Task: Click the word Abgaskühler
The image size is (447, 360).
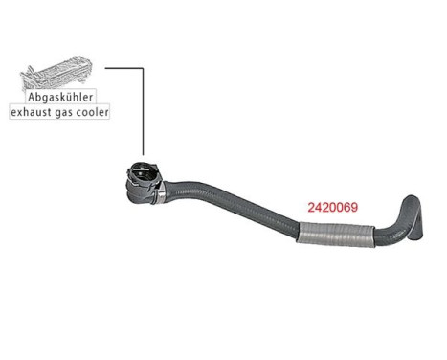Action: [59, 97]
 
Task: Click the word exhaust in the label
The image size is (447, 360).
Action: [32, 112]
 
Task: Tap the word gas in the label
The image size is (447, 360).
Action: [66, 112]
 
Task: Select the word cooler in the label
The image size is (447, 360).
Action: [95, 112]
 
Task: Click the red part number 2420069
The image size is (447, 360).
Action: [330, 207]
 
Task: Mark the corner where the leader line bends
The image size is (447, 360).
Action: [143, 68]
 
